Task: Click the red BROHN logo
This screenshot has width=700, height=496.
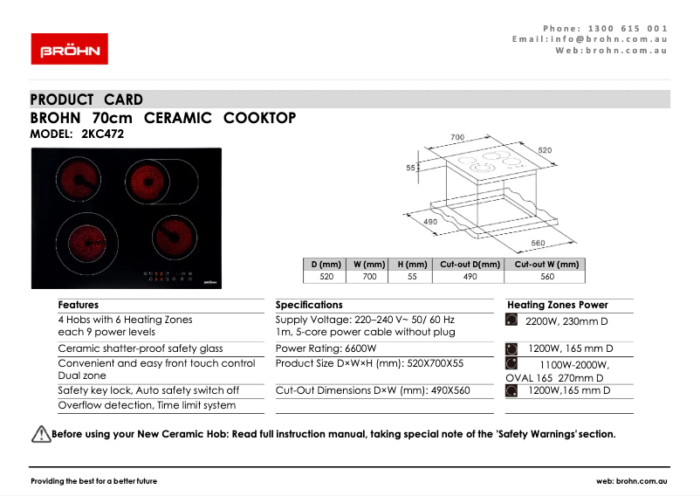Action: coord(70,49)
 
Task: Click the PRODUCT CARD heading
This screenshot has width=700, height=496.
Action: coord(86,100)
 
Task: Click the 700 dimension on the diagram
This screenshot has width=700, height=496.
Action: coord(456,137)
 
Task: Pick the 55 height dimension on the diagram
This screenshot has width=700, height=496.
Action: coord(411,168)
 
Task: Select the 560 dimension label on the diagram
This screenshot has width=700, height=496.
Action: coord(538,242)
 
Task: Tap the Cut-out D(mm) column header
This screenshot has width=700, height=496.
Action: coord(470,265)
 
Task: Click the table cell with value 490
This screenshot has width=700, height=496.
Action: coord(470,277)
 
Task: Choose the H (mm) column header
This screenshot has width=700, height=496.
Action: coord(412,265)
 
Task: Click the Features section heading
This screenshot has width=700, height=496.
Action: coord(79,305)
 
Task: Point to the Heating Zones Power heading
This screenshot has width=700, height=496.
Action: coord(557,305)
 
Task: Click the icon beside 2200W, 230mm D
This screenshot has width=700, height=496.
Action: coord(511,320)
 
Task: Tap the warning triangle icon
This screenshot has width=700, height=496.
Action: coord(41,434)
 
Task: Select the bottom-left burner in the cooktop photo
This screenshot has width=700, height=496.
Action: coord(86,238)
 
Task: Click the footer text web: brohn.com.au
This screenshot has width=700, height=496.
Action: coord(632,481)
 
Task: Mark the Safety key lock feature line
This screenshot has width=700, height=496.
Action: coord(148,390)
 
